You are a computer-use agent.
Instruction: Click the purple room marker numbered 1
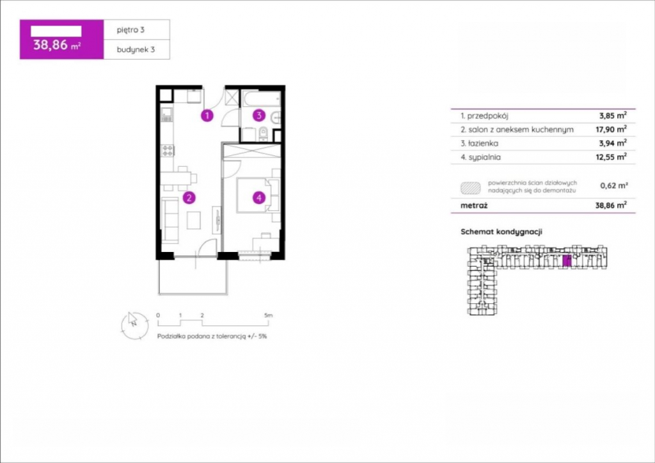207,115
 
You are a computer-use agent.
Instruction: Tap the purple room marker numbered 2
189,198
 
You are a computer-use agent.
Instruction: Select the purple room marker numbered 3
258,115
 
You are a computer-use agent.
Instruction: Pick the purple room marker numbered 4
259,198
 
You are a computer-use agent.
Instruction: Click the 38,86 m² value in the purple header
57,45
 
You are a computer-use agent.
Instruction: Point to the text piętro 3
130,29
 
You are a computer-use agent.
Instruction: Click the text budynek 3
136,49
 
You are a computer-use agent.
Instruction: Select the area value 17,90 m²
611,129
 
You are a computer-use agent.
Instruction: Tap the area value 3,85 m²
613,115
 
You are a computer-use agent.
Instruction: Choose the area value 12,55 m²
611,157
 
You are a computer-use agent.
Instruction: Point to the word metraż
474,205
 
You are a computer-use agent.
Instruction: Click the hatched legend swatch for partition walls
471,188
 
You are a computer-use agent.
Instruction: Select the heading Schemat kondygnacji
501,231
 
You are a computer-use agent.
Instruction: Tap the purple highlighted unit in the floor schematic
567,261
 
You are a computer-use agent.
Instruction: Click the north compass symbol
134,326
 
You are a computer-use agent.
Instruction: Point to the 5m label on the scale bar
268,315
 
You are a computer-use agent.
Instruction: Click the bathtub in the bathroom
262,98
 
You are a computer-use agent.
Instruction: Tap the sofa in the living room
170,220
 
